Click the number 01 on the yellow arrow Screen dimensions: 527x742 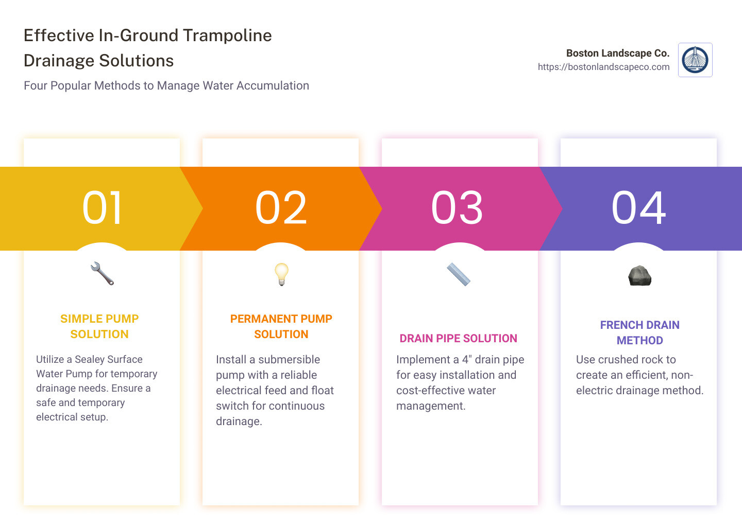(x=103, y=207)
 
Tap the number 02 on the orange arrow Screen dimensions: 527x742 (x=281, y=207)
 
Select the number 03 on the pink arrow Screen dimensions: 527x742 (x=457, y=207)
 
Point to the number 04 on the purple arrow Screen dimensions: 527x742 (x=638, y=207)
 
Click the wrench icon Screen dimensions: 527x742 (x=102, y=274)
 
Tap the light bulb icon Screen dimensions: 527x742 (x=281, y=274)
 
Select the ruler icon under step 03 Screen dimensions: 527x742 (x=459, y=274)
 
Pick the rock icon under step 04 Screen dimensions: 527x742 (x=639, y=276)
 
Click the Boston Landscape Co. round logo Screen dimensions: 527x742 (x=695, y=60)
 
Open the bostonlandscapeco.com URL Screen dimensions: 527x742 (x=603, y=67)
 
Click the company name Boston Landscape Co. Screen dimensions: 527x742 (x=617, y=53)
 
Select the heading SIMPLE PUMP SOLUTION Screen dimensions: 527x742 (x=99, y=326)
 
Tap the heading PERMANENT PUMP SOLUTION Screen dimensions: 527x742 (x=281, y=326)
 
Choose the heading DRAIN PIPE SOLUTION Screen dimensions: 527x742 (x=459, y=338)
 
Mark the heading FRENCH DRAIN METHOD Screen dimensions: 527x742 (x=639, y=332)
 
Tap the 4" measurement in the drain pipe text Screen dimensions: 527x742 (x=466, y=359)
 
